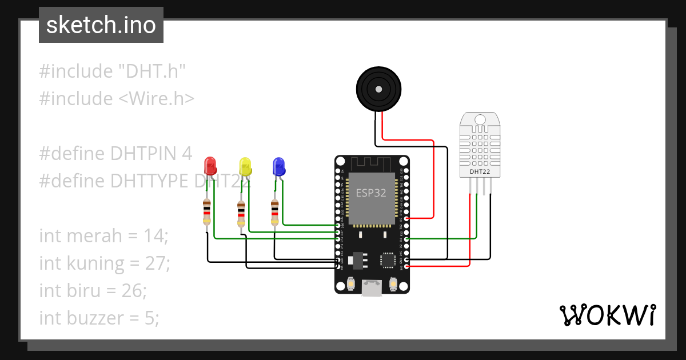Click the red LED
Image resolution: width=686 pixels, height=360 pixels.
coord(210,166)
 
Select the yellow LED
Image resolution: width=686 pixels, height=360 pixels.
coord(246,166)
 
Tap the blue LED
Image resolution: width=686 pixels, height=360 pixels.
coord(279,166)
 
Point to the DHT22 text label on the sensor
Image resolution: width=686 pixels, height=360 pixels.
coord(480,171)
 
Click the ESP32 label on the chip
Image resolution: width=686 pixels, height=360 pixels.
coord(371,193)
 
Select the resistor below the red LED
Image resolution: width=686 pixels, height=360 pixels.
coord(206,212)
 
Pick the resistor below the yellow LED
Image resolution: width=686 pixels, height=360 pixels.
coord(241,213)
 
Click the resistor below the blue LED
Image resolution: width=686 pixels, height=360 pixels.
coord(275,212)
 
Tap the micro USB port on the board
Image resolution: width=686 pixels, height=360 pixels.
coord(372,288)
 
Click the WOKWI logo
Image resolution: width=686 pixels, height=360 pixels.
coord(607,315)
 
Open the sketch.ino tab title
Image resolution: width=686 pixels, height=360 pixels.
coord(101,25)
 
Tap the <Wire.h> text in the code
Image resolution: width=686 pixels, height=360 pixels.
coord(156,99)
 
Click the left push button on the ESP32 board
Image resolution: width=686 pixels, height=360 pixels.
coord(351,283)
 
